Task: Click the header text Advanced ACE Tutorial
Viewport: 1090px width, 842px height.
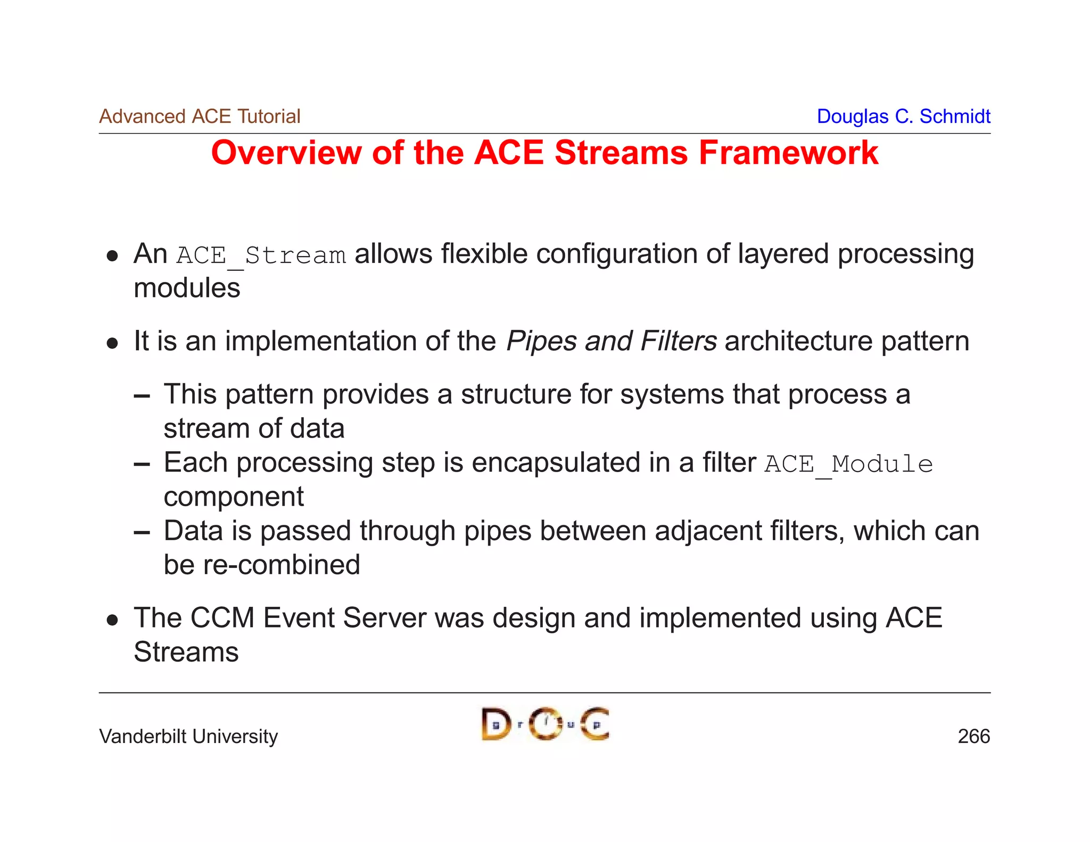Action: click(200, 116)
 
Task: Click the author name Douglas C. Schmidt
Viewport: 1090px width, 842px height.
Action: click(903, 116)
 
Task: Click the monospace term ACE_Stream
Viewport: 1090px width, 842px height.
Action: click(261, 255)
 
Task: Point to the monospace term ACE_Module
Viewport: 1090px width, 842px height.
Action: click(848, 464)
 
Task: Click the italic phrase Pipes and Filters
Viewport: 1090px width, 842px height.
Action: click(611, 341)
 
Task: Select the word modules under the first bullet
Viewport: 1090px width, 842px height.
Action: click(187, 288)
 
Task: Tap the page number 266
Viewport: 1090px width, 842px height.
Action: click(973, 736)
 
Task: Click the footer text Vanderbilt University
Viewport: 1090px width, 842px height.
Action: click(188, 736)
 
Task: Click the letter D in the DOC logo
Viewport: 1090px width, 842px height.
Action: click(496, 724)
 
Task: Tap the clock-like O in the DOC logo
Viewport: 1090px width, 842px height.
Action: click(546, 724)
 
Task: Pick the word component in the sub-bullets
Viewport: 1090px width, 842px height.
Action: click(234, 497)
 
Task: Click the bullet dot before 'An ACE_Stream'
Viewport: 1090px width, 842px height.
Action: click(112, 256)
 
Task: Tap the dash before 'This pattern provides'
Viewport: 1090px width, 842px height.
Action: click(142, 396)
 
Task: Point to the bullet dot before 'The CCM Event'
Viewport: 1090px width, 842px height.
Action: click(112, 620)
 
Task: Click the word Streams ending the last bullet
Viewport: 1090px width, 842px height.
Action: click(186, 652)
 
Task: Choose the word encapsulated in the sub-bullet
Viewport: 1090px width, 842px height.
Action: click(556, 463)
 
